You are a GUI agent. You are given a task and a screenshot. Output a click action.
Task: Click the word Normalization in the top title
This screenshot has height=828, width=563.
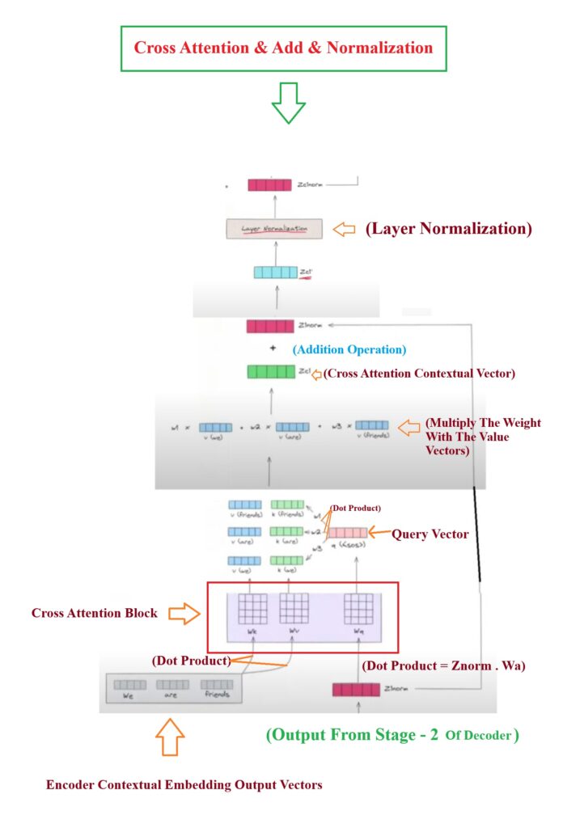[x=383, y=47]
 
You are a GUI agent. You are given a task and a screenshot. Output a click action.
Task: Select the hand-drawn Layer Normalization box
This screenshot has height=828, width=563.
[x=274, y=229]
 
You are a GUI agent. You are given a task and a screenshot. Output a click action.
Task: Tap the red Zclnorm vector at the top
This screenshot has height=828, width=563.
[x=269, y=185]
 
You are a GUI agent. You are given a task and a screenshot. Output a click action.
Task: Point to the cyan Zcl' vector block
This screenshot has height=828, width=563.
[x=275, y=272]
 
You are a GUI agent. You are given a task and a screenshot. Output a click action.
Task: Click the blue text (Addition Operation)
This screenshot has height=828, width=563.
[x=349, y=350]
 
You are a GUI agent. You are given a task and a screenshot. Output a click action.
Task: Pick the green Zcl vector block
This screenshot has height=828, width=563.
[x=270, y=372]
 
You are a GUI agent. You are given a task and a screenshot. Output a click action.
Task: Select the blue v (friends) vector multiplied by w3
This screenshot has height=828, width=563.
[x=371, y=425]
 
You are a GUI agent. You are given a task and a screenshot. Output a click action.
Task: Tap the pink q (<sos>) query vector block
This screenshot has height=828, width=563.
[x=346, y=532]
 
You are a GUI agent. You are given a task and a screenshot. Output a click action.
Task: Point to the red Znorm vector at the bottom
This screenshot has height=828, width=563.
[x=356, y=690]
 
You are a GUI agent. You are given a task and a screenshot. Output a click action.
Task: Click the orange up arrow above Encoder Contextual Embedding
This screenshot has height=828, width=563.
[x=171, y=737]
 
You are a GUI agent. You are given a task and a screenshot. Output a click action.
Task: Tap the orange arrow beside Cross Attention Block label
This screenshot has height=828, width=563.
[x=183, y=614]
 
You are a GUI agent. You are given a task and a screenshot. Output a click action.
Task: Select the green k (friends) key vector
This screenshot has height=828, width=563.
[x=287, y=505]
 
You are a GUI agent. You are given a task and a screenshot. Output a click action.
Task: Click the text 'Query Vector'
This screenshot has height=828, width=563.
[x=430, y=534]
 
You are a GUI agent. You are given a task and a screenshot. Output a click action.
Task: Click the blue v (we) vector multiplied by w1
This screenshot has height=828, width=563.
[x=215, y=427]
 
